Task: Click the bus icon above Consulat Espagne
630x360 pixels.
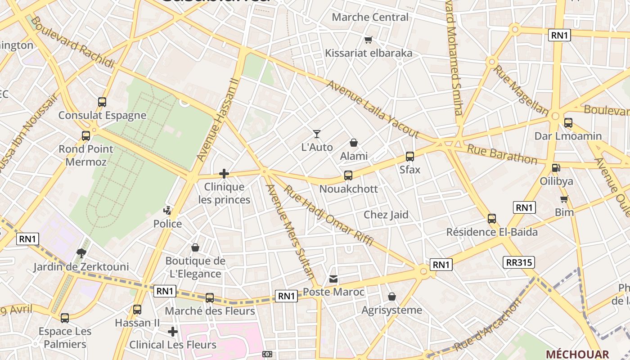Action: [102, 102]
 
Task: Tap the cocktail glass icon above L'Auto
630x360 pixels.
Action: [317, 134]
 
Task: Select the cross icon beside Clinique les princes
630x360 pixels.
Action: [224, 174]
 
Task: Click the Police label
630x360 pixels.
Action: [167, 224]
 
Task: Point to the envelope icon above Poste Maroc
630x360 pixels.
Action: [333, 279]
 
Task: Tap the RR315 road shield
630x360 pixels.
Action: [518, 262]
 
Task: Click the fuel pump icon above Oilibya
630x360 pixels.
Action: [557, 168]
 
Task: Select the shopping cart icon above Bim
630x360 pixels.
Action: [564, 199]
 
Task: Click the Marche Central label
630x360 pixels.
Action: [370, 17]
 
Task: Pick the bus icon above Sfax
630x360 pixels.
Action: [410, 157]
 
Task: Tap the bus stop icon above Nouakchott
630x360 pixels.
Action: [348, 175]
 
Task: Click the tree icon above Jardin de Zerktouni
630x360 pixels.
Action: [81, 253]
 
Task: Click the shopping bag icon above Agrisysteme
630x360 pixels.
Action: [392, 297]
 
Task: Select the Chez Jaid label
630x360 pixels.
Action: [386, 215]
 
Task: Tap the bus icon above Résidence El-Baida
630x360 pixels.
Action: [492, 219]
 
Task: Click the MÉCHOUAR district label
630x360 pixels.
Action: [577, 354]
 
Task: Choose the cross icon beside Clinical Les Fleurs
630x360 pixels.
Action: [173, 332]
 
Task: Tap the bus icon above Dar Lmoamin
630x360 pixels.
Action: [568, 122]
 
